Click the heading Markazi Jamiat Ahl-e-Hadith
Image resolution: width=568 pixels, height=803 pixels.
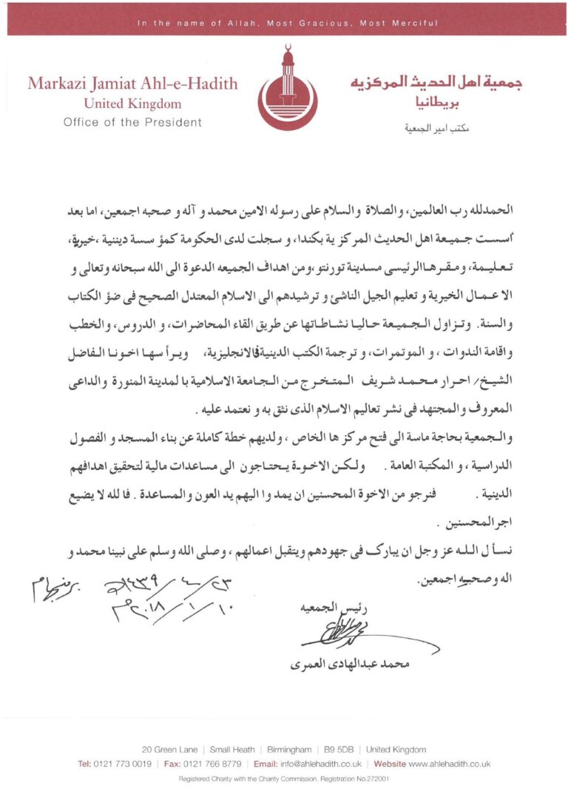click(132, 84)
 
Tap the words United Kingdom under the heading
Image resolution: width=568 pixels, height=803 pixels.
click(132, 104)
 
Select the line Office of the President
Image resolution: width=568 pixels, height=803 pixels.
click(132, 122)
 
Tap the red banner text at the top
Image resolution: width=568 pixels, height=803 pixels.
click(288, 24)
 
